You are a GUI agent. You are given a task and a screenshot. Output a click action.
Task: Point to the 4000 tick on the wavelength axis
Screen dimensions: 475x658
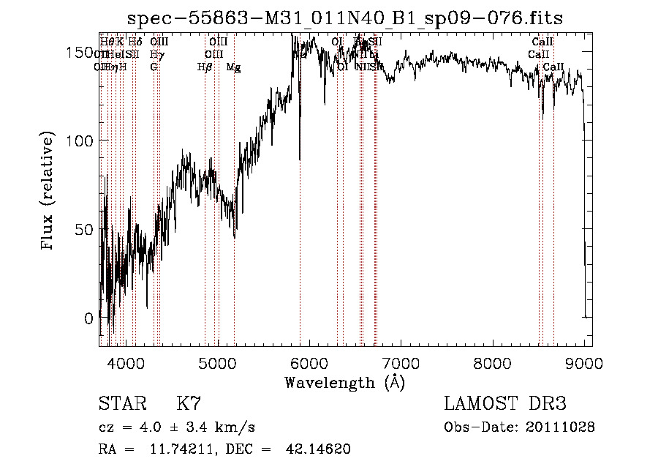click(126, 362)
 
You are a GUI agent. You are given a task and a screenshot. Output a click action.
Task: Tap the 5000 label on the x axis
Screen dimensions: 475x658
click(218, 362)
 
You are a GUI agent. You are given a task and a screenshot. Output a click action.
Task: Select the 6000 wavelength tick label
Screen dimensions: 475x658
click(310, 362)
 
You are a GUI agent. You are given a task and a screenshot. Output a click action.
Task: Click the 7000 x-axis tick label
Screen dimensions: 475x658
click(401, 362)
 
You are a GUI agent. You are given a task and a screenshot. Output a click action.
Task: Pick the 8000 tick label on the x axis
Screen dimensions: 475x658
click(493, 362)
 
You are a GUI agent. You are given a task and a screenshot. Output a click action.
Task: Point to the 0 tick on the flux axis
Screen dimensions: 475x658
click(88, 318)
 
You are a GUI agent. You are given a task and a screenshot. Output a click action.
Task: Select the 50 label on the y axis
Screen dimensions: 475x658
click(83, 230)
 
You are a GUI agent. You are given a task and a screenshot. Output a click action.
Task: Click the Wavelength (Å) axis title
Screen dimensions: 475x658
click(345, 382)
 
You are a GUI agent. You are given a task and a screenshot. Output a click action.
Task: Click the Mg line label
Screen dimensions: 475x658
click(233, 67)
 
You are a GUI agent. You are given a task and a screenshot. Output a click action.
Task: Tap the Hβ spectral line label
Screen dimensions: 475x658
click(205, 67)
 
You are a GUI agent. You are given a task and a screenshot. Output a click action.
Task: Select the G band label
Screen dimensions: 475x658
click(154, 67)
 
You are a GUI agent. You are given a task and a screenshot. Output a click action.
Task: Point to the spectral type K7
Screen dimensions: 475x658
click(189, 404)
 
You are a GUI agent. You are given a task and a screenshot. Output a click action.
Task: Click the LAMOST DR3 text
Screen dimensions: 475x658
click(505, 404)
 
